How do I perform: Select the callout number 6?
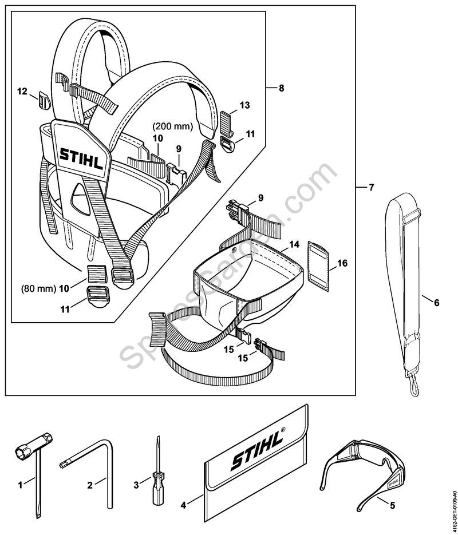(436, 303)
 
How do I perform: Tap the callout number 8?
(281, 89)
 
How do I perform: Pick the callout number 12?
(22, 91)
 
